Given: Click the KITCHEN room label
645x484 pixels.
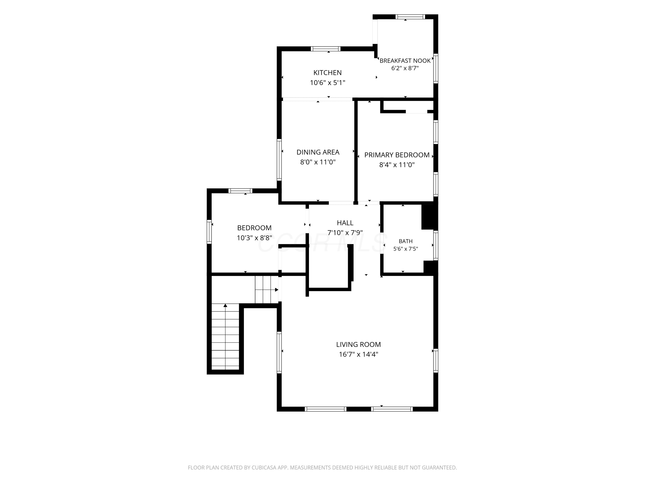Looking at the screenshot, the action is [327, 73].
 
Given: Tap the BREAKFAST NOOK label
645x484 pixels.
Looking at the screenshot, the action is [405, 61].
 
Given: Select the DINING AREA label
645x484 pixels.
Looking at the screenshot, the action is [318, 152].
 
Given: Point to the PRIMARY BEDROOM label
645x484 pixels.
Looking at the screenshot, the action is [397, 155].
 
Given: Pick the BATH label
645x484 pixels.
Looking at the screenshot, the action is [406, 241].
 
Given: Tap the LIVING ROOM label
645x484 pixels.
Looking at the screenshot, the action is [358, 345].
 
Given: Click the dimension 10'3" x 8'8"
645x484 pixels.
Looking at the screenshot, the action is [254, 238].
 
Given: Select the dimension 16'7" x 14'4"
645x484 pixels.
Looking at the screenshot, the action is [358, 355].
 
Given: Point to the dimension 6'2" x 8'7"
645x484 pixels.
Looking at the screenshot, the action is [405, 68].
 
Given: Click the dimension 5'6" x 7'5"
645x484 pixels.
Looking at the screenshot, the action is [406, 249].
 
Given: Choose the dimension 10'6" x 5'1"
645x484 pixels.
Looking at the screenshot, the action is [327, 83].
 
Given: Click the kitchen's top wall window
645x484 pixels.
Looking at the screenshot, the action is [326, 49].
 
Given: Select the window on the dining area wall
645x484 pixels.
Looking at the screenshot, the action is [279, 159].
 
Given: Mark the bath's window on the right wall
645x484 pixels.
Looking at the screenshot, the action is [436, 245].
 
